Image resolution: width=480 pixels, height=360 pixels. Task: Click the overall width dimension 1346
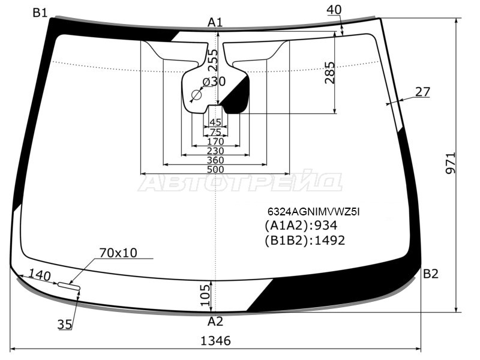[215, 341]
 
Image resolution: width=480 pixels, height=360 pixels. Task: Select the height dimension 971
[451, 163]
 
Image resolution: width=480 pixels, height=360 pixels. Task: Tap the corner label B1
[40, 13]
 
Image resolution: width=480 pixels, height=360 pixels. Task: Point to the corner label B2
[431, 274]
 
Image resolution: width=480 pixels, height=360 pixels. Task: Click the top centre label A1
[215, 22]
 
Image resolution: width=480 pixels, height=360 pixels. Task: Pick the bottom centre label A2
[215, 322]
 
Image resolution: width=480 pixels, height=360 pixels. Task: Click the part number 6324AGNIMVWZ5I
[313, 212]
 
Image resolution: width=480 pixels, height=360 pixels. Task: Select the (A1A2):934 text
[301, 226]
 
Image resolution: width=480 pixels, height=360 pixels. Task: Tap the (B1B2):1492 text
[305, 241]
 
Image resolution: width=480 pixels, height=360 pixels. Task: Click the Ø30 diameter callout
[214, 82]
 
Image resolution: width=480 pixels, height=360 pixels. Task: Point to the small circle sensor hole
[196, 95]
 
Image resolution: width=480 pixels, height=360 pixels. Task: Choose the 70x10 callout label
[118, 253]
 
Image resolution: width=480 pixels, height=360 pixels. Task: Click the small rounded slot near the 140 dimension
[69, 286]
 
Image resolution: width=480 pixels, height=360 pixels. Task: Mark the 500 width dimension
[215, 169]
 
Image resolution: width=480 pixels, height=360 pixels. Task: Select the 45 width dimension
[215, 122]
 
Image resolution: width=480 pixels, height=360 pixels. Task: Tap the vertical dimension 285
[329, 73]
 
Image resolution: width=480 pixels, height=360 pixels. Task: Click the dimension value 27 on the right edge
[423, 92]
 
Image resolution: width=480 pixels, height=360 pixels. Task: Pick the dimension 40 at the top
[334, 10]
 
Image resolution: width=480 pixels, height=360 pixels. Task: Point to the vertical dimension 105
[205, 295]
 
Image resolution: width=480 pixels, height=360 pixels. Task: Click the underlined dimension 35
[65, 325]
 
